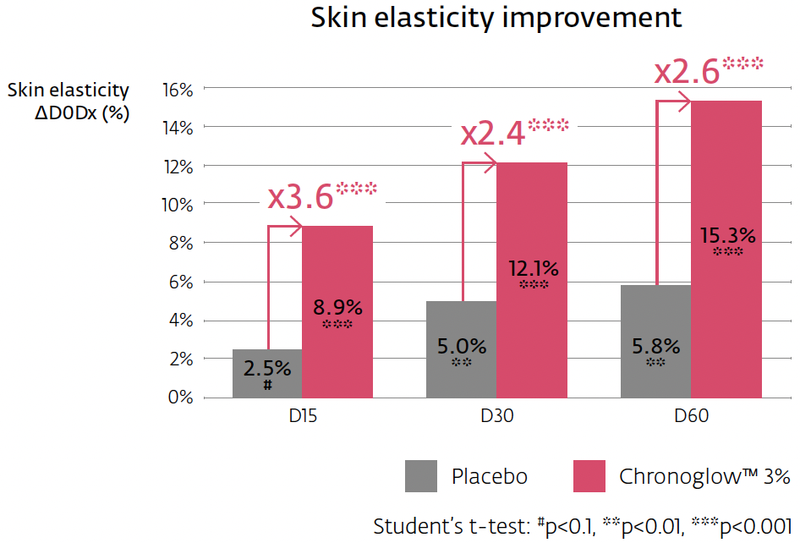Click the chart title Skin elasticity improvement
tap(496, 19)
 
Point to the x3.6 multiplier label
tap(301, 197)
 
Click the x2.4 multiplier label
tap(493, 134)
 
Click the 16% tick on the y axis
tap(178, 88)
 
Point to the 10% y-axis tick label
tap(178, 204)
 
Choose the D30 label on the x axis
tap(496, 416)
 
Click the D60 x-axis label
tap(691, 416)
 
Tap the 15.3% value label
tap(727, 235)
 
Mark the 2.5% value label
tap(267, 369)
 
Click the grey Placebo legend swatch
tap(421, 476)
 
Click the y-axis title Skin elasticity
tap(68, 90)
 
